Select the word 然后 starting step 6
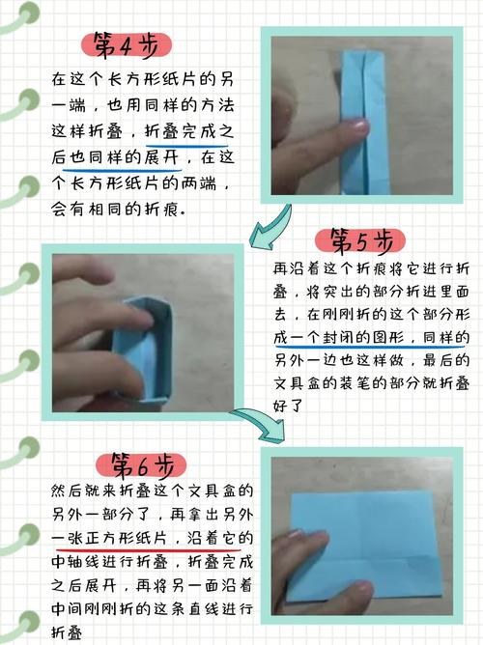69,490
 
